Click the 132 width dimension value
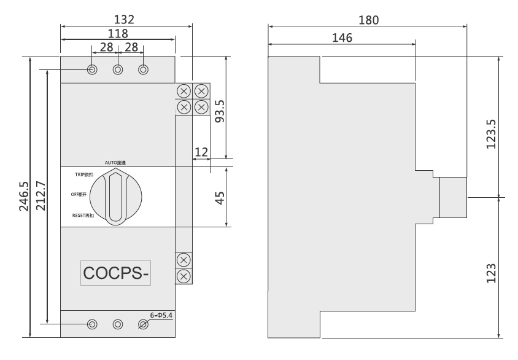[126, 19]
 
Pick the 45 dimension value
[219, 197]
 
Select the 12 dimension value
[201, 151]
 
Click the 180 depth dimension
[368, 20]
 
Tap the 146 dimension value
[341, 37]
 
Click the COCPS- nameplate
[117, 273]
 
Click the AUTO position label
[115, 163]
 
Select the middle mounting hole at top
[117, 69]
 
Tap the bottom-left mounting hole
[92, 324]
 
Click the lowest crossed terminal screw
[182, 276]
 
